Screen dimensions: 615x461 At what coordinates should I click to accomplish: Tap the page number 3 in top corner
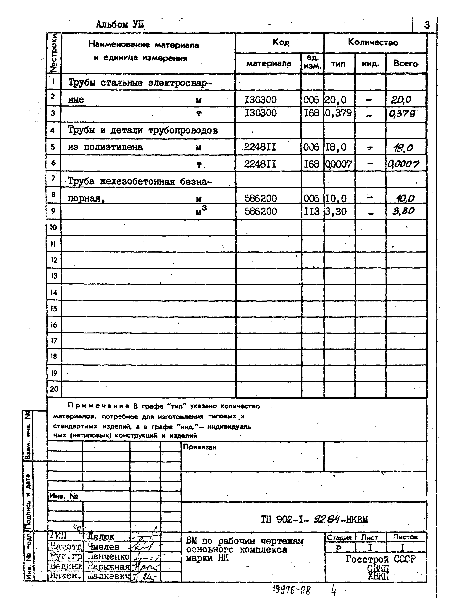[427, 25]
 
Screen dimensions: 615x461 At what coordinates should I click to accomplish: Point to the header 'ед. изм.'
[312, 62]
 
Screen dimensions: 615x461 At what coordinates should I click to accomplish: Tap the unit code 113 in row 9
[312, 212]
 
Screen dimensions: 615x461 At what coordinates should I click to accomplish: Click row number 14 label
[54, 293]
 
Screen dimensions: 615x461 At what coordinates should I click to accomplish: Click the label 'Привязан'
[199, 447]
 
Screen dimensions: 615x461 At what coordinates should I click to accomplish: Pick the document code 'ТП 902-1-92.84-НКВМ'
[314, 519]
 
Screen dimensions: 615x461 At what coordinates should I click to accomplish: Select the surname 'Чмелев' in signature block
[103, 547]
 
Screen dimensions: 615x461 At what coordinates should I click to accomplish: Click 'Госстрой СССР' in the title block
[381, 559]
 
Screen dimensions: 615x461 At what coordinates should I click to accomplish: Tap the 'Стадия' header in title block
[339, 537]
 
